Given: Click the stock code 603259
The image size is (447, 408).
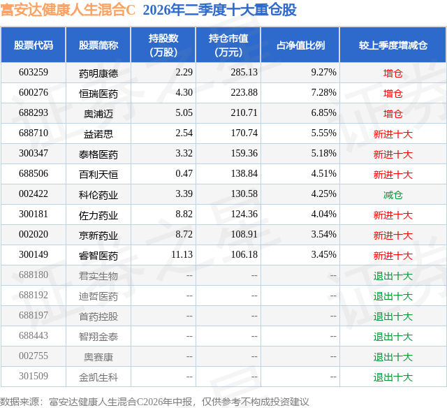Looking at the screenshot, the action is (34, 72).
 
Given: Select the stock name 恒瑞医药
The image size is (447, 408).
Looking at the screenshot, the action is (98, 94).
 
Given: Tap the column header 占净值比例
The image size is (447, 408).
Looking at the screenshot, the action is (300, 45).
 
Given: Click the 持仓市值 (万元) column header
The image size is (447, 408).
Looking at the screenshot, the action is (228, 45).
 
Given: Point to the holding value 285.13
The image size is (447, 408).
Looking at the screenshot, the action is (244, 72).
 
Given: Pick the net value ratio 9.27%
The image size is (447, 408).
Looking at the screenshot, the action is (323, 72).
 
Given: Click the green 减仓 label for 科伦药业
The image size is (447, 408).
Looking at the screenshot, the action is (393, 195).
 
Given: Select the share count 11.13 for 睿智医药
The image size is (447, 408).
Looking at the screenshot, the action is (182, 254).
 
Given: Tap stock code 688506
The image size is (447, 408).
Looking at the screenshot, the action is (34, 173).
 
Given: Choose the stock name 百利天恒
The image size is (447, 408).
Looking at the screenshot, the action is (98, 175).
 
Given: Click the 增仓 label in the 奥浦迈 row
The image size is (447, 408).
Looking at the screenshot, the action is (393, 114).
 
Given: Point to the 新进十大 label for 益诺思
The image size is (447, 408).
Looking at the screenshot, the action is (393, 134).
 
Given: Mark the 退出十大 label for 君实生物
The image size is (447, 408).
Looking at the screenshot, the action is (393, 276).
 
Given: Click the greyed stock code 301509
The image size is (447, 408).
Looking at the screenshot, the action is (34, 376).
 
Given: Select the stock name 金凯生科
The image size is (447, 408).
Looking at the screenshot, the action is (98, 377).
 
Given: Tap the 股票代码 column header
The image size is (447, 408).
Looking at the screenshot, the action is (34, 45).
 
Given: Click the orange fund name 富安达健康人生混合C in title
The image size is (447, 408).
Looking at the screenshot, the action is (68, 10).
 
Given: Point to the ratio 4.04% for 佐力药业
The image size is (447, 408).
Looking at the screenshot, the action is (323, 214).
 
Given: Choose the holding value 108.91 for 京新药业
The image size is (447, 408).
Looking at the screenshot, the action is (244, 234).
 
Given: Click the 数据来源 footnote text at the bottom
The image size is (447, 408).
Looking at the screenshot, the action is (154, 402).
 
